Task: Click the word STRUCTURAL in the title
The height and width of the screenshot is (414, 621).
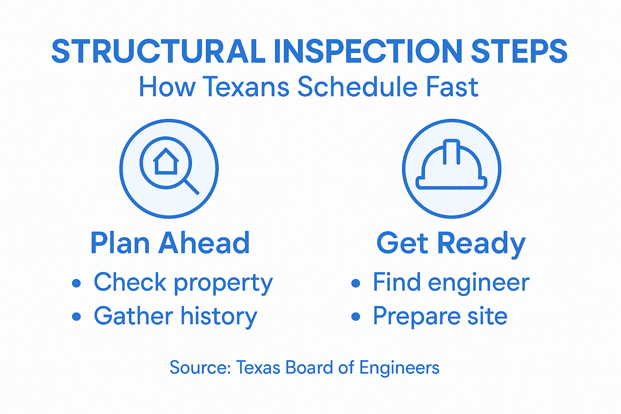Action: click(x=158, y=51)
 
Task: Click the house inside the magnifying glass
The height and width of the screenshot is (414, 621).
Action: click(x=166, y=161)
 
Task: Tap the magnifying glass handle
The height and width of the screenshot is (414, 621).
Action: click(x=192, y=187)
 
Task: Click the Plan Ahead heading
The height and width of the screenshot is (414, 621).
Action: click(x=170, y=243)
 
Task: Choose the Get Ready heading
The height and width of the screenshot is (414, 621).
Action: click(x=451, y=244)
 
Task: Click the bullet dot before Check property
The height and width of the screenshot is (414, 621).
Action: click(x=76, y=283)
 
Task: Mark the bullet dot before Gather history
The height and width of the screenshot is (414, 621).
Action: click(x=76, y=316)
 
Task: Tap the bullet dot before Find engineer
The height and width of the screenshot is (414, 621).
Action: click(x=355, y=283)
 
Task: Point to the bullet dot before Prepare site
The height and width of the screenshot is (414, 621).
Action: click(x=355, y=316)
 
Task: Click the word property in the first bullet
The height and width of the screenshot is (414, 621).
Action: click(x=224, y=283)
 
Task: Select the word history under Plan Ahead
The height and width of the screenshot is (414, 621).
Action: click(x=219, y=316)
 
